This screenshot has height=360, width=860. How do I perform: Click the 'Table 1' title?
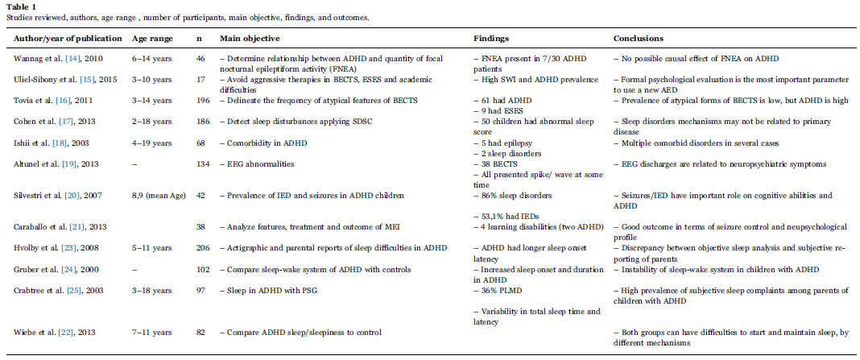(19, 5)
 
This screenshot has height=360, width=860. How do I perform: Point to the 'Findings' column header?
(492, 38)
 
